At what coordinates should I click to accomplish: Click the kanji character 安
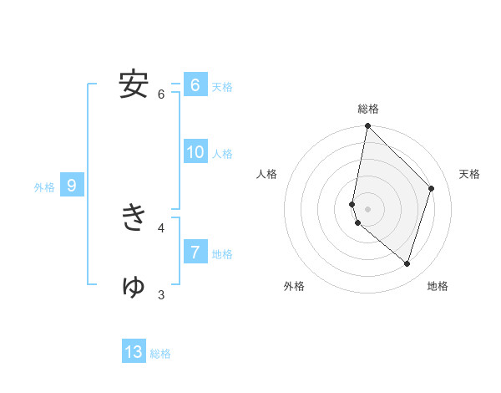coord(134,84)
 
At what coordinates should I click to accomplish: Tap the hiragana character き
coord(134,218)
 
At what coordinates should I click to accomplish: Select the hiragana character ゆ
coord(134,286)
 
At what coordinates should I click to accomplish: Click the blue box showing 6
coord(195,85)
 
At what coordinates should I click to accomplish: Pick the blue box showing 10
coord(195,152)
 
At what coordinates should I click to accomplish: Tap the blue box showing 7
coord(195,252)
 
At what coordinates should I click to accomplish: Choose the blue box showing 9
coord(72,186)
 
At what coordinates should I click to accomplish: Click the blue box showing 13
coord(134,352)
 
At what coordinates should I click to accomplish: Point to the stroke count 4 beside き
coord(161,227)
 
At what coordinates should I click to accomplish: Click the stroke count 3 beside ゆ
coord(161,294)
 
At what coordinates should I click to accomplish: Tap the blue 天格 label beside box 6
coord(222,87)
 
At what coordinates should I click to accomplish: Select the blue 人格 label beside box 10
coord(222,154)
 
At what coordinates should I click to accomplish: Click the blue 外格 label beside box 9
coord(44,187)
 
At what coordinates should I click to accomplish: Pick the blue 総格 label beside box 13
coord(160,354)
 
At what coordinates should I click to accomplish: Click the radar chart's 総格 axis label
coord(368,109)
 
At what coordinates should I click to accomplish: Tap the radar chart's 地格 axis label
coord(438,286)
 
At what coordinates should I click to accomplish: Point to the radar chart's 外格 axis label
coord(294,286)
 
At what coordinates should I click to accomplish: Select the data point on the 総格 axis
coord(367,126)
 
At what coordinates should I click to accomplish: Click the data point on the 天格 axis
coord(432,188)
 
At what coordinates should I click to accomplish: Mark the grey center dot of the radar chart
coord(367,208)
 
